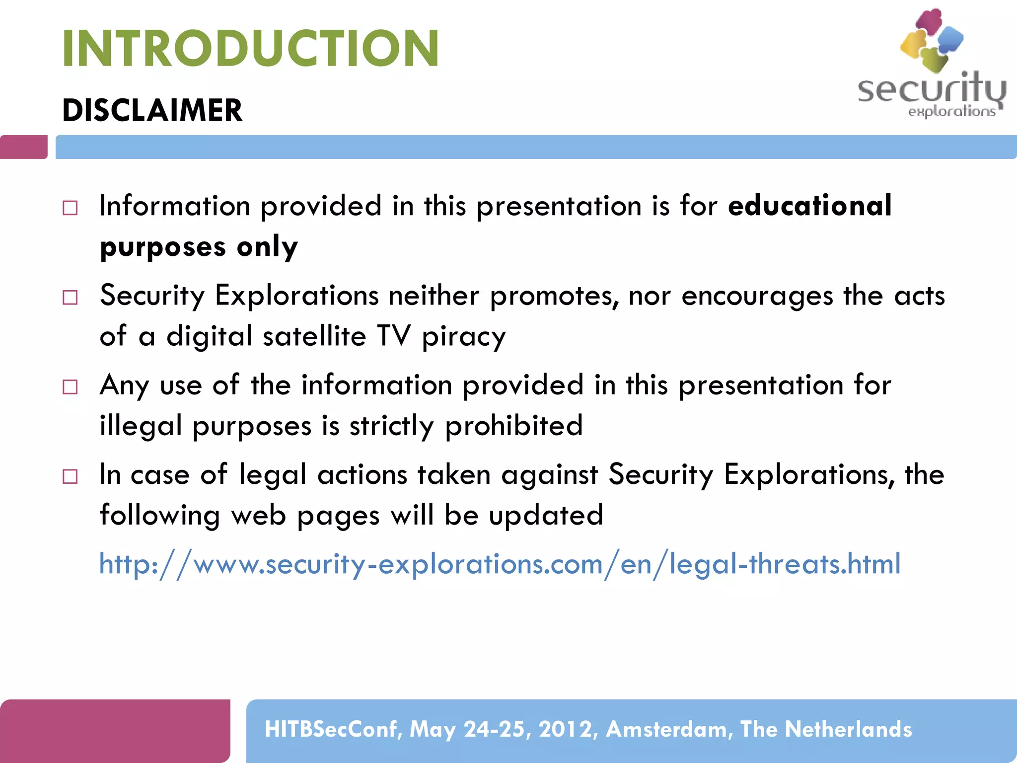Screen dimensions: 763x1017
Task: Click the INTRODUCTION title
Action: (x=250, y=48)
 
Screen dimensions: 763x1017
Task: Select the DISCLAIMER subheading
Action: (x=152, y=110)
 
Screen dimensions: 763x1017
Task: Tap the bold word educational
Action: (x=809, y=205)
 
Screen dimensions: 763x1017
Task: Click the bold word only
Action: (x=267, y=247)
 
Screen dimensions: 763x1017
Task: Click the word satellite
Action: (x=315, y=336)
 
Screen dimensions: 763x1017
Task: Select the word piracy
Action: (x=463, y=337)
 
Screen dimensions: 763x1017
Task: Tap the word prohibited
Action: (x=513, y=426)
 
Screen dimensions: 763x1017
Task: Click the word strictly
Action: (x=391, y=426)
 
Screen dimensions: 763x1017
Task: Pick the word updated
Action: (x=546, y=515)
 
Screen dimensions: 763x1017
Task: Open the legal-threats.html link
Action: (x=500, y=564)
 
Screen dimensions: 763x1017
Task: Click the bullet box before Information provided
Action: (x=70, y=208)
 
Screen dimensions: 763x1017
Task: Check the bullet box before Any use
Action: (x=70, y=387)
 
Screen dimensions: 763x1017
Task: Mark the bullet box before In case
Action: (x=70, y=476)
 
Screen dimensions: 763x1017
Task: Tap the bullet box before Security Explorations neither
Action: (x=70, y=298)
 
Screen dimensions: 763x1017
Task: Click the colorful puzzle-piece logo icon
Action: (x=931, y=40)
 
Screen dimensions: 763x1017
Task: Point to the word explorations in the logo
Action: (x=951, y=111)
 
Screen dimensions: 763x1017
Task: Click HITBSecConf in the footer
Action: (x=332, y=729)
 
